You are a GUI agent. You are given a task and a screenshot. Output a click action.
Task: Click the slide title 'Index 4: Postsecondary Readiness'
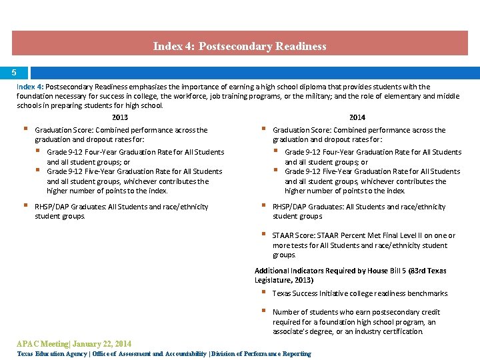[x=239, y=46]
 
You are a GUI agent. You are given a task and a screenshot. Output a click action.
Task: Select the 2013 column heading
[x=120, y=117]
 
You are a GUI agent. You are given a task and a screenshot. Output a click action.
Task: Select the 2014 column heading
[x=357, y=117]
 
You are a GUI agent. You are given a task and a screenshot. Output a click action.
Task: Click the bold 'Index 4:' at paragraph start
[x=30, y=87]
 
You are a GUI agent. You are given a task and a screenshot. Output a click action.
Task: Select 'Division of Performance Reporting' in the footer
[x=261, y=354]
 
